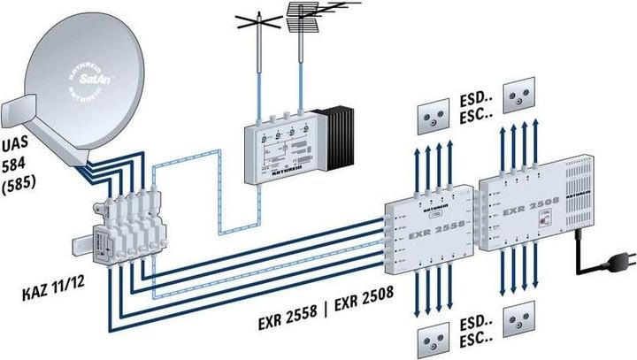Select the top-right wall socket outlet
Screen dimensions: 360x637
(518, 96)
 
